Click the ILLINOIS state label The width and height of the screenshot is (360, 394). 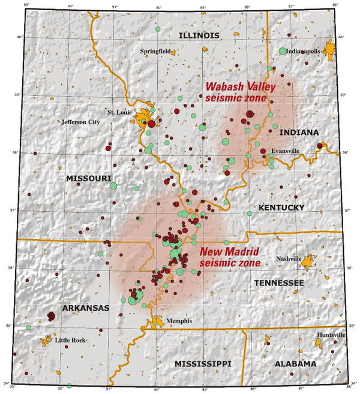click(x=199, y=36)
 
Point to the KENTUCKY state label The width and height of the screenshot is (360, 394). click(x=282, y=207)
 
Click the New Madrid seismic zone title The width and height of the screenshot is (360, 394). click(x=230, y=257)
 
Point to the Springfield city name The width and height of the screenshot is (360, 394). click(x=155, y=52)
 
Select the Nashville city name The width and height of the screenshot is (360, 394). click(x=289, y=258)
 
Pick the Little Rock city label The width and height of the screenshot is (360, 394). click(x=71, y=340)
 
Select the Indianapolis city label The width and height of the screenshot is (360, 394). click(x=306, y=52)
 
